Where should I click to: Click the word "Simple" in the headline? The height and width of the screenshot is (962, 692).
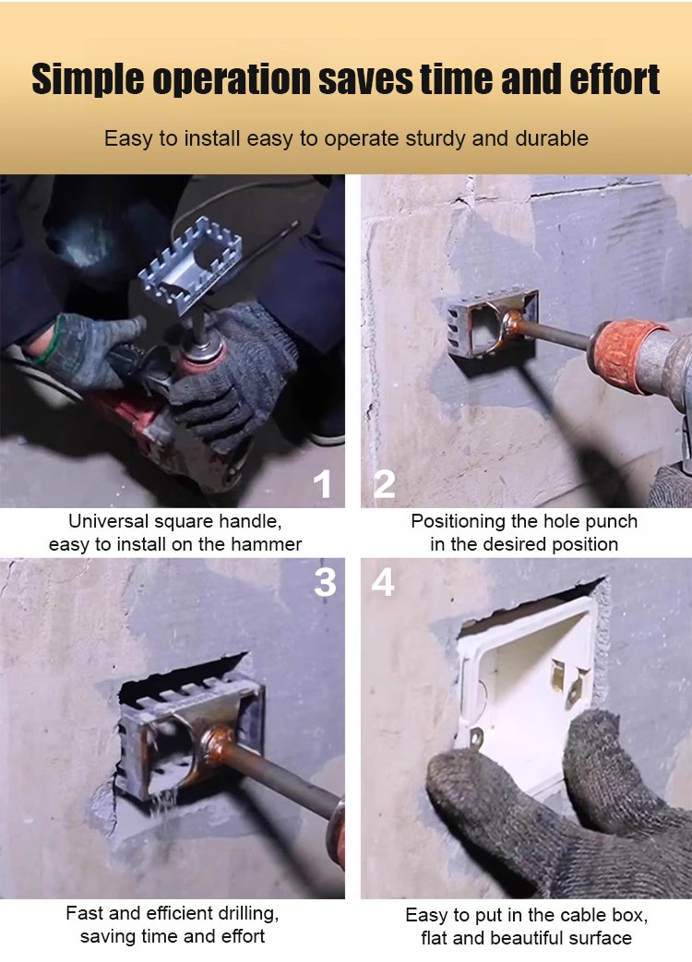tap(87, 79)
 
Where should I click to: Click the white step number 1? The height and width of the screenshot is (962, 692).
tap(322, 484)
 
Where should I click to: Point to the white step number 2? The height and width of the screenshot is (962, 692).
tap(385, 484)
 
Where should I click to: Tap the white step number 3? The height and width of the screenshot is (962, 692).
tap(325, 582)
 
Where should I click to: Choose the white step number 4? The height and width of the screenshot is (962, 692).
tap(383, 582)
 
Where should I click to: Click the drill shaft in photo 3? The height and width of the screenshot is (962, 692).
tap(282, 775)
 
